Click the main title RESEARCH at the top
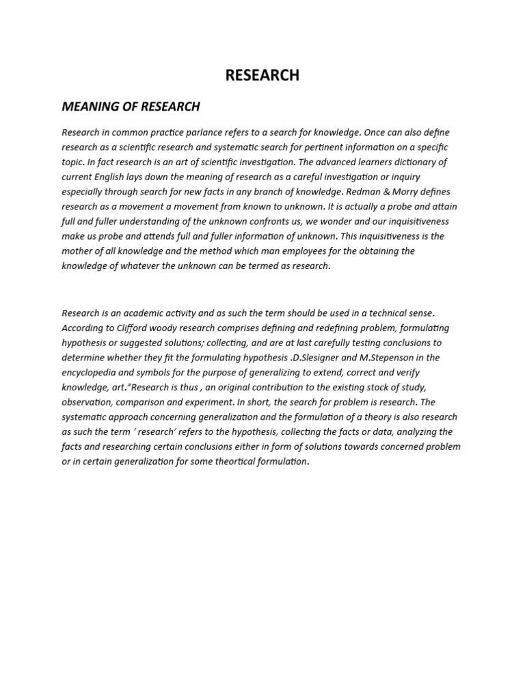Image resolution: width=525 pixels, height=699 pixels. (x=262, y=76)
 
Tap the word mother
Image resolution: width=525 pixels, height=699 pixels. (x=77, y=251)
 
